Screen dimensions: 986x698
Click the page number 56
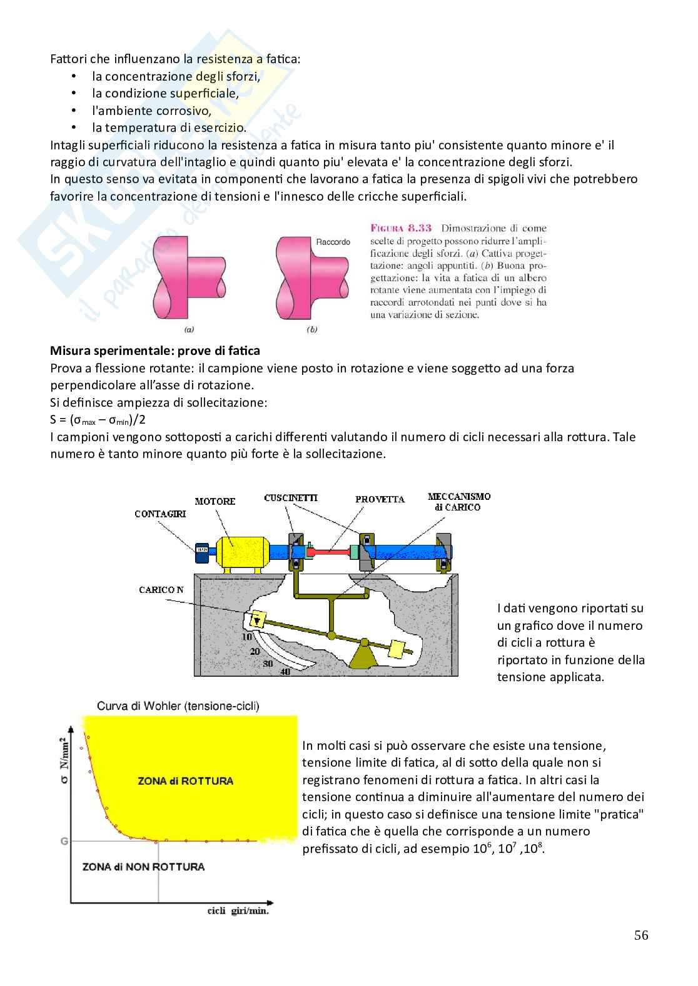(x=641, y=935)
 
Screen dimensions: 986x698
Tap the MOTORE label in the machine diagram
(x=215, y=501)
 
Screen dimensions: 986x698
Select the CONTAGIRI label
(x=160, y=514)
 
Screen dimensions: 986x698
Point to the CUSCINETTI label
(x=291, y=498)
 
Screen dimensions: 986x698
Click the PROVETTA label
(x=380, y=499)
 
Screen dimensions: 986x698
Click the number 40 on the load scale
(x=285, y=672)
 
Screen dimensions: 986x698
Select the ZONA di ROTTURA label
(x=185, y=781)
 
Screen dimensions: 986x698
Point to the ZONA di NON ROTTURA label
(x=143, y=867)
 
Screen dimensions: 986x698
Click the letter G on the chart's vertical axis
(x=64, y=841)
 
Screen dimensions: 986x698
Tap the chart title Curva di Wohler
(x=178, y=706)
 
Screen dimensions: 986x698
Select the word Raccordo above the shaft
(x=333, y=242)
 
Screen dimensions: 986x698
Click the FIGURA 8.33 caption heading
(x=401, y=228)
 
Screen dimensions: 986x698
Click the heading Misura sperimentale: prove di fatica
(x=155, y=351)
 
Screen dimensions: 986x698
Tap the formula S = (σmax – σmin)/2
(x=94, y=419)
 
